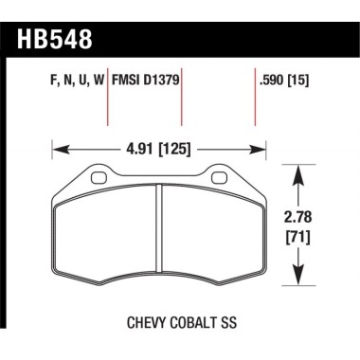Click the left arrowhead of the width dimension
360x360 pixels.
(54, 148)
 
